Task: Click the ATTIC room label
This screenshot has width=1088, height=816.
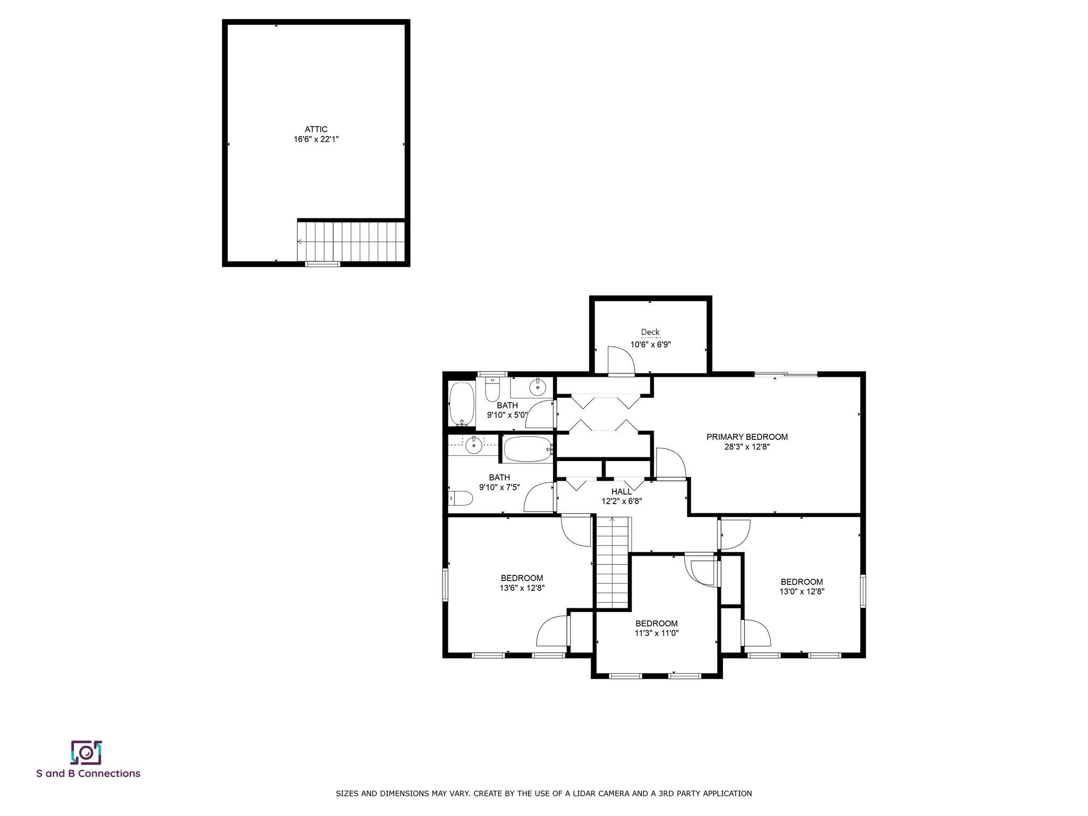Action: [x=316, y=129]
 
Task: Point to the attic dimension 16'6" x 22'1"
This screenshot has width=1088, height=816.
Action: [x=316, y=139]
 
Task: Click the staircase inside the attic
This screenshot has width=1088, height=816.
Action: [x=351, y=242]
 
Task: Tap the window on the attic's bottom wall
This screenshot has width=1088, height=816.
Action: [x=322, y=263]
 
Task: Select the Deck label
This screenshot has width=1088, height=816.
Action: [x=650, y=332]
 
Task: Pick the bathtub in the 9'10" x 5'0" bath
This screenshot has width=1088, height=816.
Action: [x=462, y=404]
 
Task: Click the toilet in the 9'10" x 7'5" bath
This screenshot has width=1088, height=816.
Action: [x=461, y=498]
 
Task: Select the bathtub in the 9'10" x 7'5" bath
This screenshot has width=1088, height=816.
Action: [x=529, y=449]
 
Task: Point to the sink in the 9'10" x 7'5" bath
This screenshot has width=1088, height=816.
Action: [x=473, y=445]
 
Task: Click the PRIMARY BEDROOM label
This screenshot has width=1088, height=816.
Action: [x=747, y=437]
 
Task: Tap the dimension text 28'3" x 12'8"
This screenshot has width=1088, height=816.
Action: [x=747, y=447]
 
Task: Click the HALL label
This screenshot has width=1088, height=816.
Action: [x=622, y=491]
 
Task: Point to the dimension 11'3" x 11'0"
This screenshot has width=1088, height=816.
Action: [x=657, y=633]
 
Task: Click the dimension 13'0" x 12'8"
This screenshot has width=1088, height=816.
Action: [x=802, y=591]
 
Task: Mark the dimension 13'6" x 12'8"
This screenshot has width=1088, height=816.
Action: [x=522, y=588]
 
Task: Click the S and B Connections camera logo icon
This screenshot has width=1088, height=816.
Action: [x=86, y=752]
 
